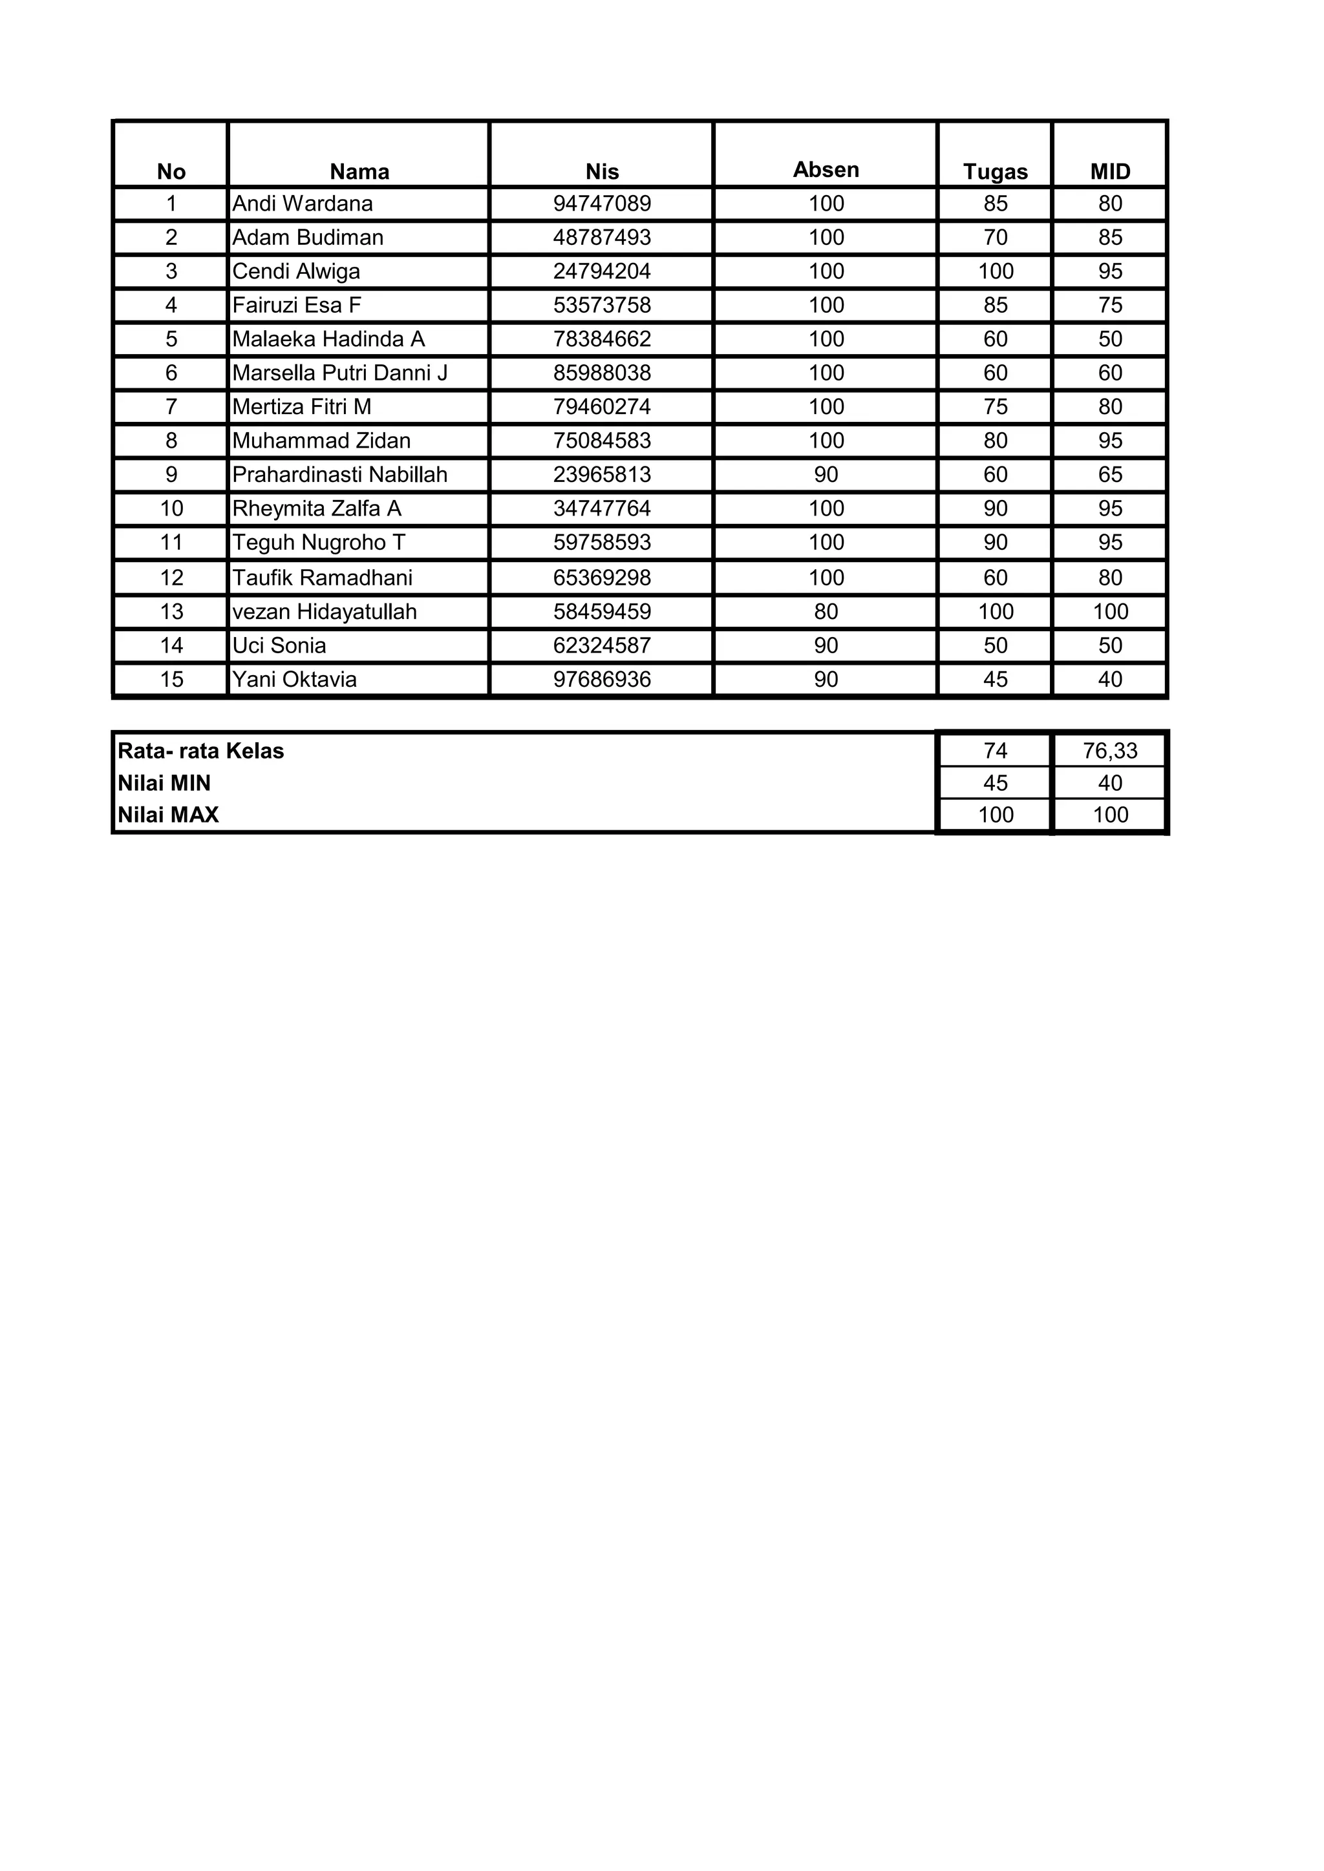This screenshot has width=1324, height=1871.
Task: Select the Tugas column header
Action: click(996, 172)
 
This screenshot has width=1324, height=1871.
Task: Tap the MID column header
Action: click(1111, 172)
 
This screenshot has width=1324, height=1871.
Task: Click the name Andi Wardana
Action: click(303, 204)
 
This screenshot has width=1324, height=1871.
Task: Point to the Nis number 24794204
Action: click(602, 271)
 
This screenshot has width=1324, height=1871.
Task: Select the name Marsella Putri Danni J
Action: click(340, 373)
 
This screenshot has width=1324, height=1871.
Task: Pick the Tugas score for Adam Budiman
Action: click(996, 238)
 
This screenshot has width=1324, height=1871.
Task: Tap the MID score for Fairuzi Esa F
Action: click(1111, 306)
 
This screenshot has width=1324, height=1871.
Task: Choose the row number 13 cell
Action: click(171, 612)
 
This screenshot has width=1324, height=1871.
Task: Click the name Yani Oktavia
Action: click(294, 680)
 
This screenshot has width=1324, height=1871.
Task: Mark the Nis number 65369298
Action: click(602, 578)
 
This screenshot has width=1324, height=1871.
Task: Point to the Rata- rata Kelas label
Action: click(200, 751)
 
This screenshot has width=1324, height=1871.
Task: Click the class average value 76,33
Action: click(1111, 751)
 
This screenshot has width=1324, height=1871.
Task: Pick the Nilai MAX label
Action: click(168, 815)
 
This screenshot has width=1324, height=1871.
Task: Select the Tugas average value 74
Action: click(996, 751)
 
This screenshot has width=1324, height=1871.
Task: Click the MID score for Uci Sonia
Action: click(1111, 645)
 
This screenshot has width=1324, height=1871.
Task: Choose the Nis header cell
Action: click(602, 172)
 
